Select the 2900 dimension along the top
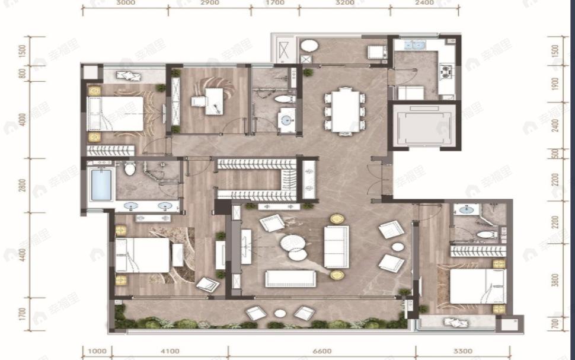click(x=209, y=3)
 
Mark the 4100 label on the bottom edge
click(x=169, y=351)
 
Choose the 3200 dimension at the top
click(x=344, y=3)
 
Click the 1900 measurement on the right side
click(x=555, y=84)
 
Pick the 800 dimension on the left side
click(x=23, y=74)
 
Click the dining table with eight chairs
click(x=345, y=110)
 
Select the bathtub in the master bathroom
click(x=101, y=185)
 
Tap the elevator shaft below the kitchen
click(x=423, y=126)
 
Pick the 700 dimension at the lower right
click(x=555, y=324)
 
